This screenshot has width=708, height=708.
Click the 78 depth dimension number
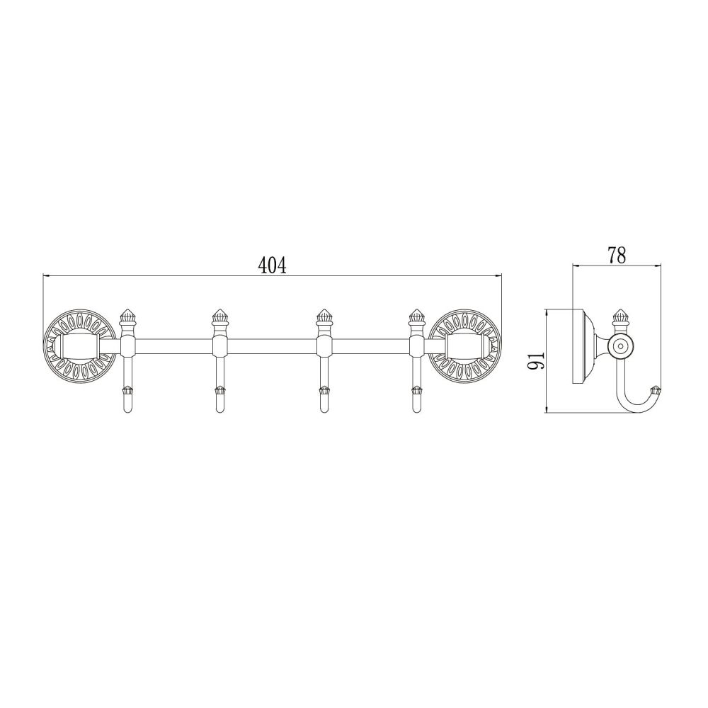pos(617,256)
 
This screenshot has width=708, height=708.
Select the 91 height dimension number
pos(537,360)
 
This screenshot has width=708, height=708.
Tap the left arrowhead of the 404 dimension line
pos(47,275)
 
